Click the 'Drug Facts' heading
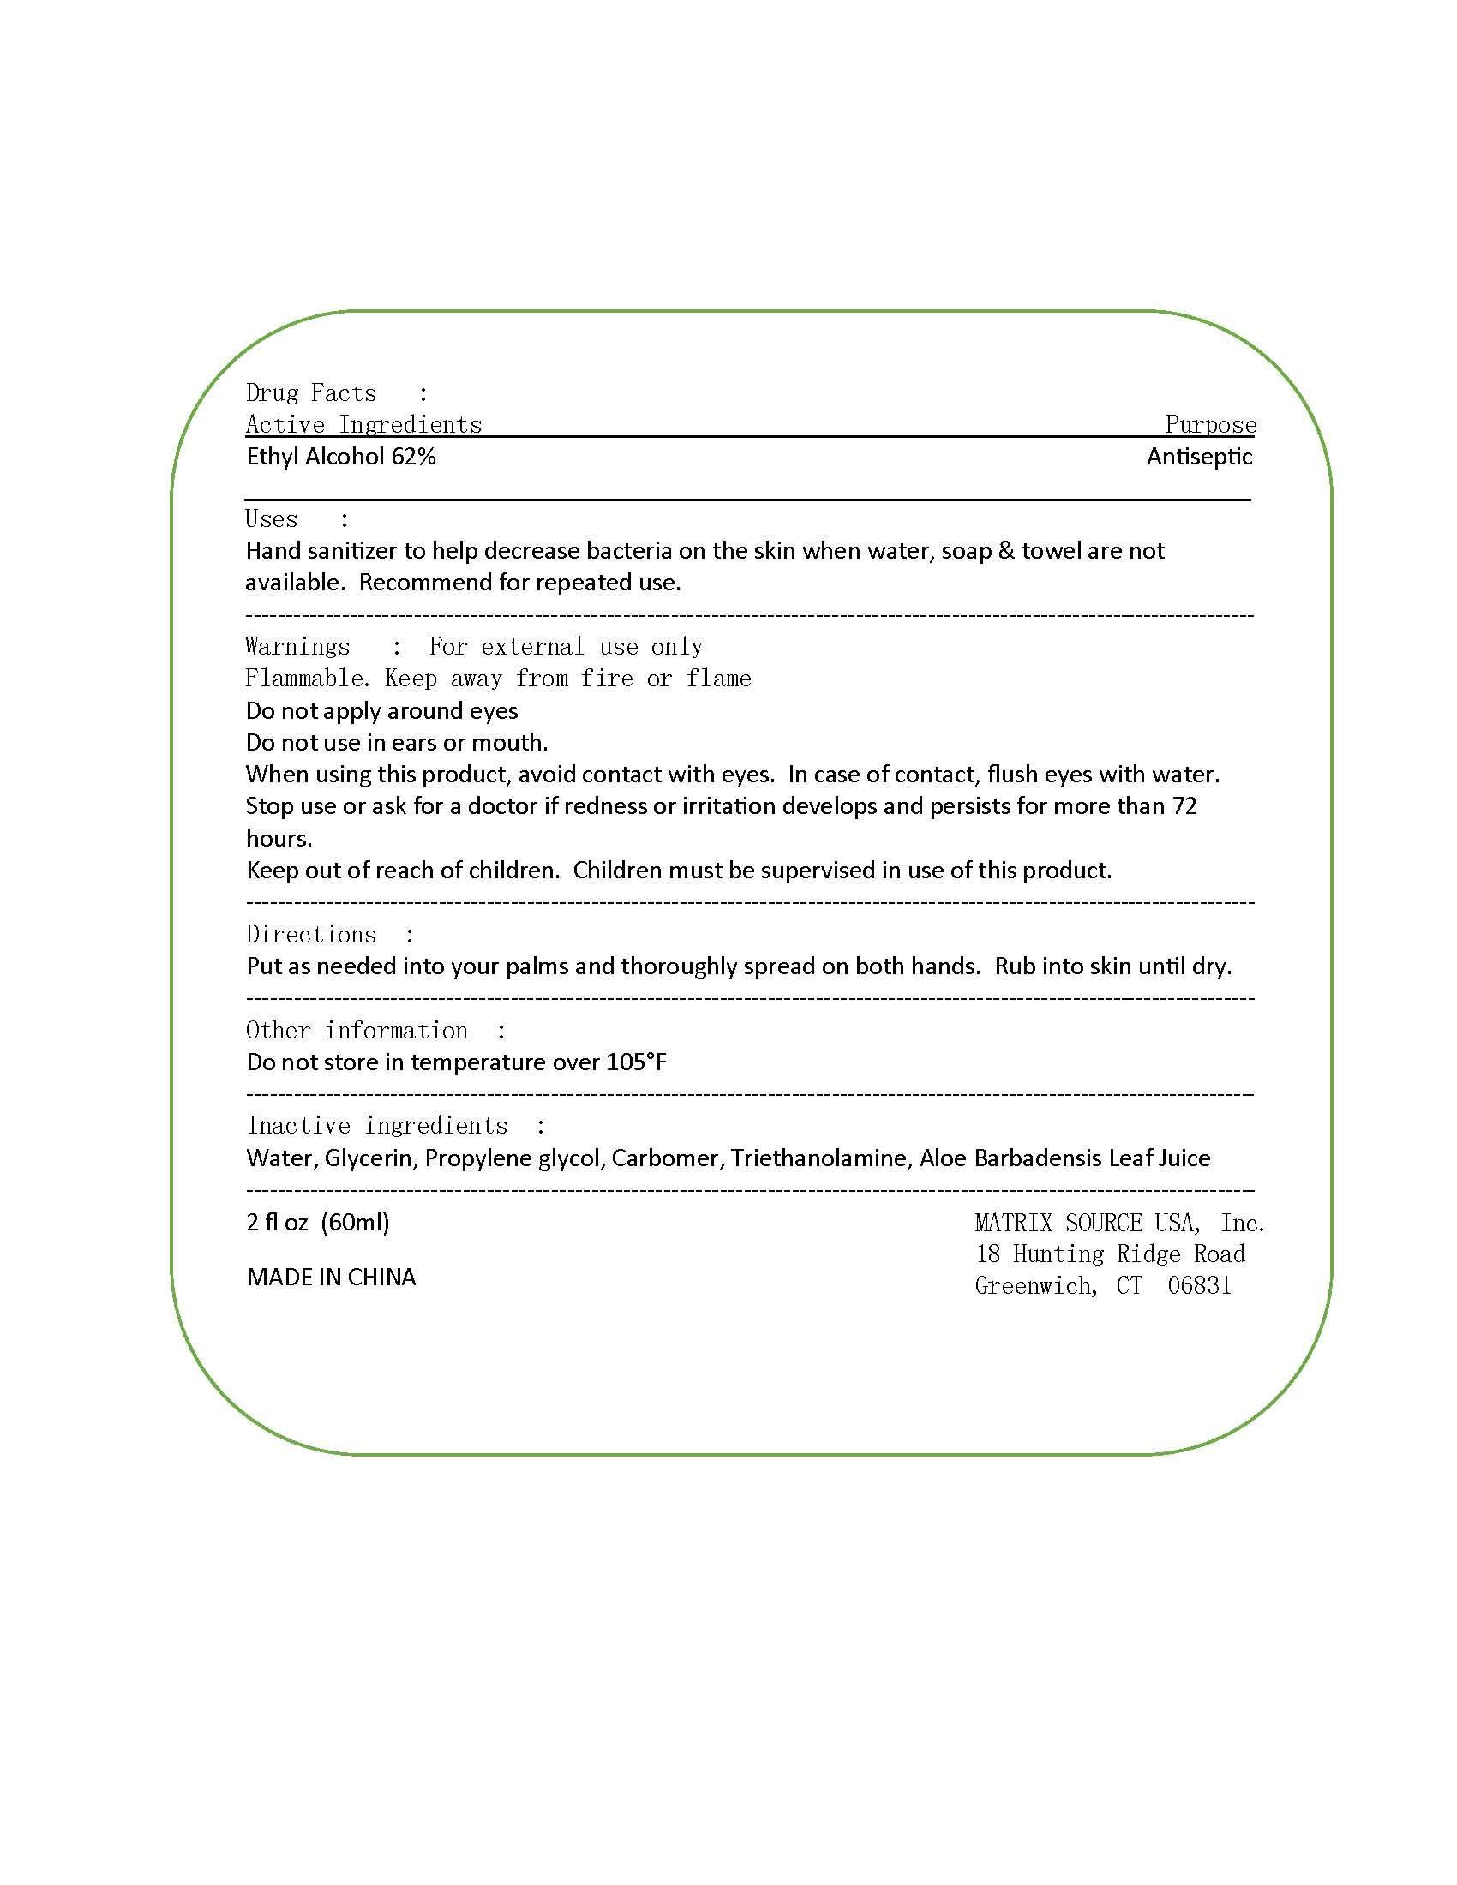(x=311, y=393)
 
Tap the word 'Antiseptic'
(x=1199, y=457)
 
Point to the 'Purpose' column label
(x=1210, y=425)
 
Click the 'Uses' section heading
(x=271, y=519)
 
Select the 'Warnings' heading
(x=297, y=646)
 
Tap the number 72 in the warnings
(x=1184, y=806)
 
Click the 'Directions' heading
(x=311, y=935)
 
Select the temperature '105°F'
(x=636, y=1062)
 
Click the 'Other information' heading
(x=357, y=1031)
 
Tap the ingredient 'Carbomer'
(x=664, y=1158)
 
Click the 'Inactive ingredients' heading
(x=377, y=1127)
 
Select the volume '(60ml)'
(x=355, y=1222)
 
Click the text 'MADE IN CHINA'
(x=331, y=1278)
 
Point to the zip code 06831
(x=1199, y=1286)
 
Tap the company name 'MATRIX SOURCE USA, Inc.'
(x=1119, y=1223)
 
